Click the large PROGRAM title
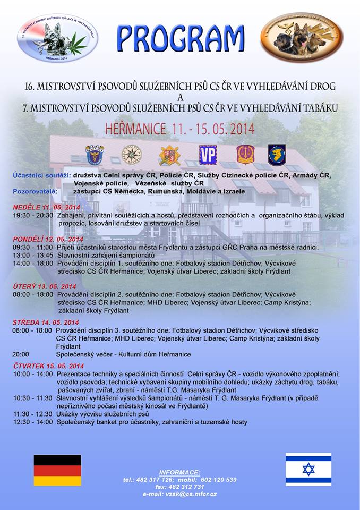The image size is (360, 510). (x=180, y=38)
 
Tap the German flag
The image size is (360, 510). (x=57, y=470)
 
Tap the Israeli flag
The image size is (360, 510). (x=308, y=469)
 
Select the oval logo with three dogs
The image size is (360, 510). (x=301, y=37)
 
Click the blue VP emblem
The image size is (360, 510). (x=208, y=155)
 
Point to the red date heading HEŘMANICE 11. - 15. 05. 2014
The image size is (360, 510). (x=179, y=129)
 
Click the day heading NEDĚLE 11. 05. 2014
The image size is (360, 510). (x=46, y=207)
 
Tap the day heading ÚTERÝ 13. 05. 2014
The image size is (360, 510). (x=44, y=286)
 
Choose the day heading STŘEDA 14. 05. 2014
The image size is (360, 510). (x=46, y=322)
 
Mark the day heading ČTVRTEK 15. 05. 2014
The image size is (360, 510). (x=48, y=365)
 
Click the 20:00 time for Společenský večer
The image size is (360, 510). (x=21, y=354)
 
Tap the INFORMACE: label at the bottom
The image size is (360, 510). (x=179, y=472)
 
